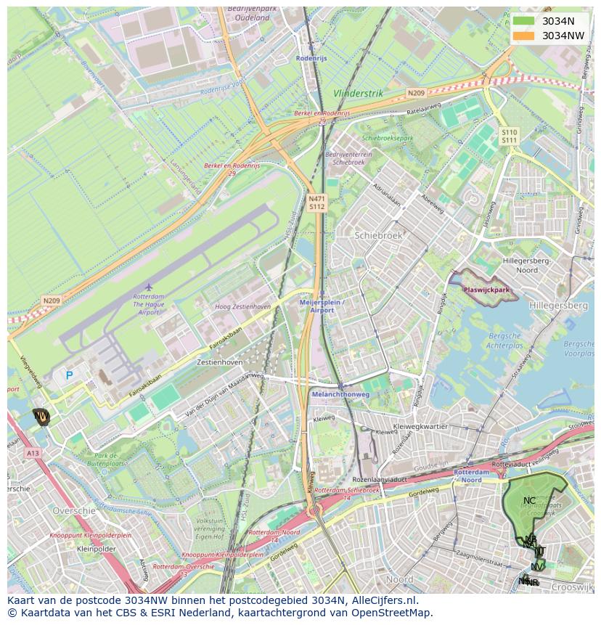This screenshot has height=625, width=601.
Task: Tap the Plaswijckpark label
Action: click(x=486, y=290)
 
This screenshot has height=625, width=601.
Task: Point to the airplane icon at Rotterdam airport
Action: click(x=149, y=287)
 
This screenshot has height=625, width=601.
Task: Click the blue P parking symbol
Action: click(x=70, y=375)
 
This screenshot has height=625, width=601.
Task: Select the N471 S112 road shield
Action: click(x=316, y=203)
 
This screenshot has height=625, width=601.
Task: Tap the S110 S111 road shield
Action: click(x=509, y=136)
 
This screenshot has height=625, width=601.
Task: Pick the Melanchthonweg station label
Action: click(x=340, y=394)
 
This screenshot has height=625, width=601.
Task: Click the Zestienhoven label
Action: click(x=220, y=361)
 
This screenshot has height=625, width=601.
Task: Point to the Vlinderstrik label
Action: click(x=358, y=94)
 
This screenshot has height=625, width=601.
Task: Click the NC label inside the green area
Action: click(x=529, y=500)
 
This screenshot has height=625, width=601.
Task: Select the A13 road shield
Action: click(x=33, y=453)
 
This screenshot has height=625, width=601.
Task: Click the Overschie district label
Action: click(x=73, y=511)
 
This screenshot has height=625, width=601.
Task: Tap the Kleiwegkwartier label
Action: click(x=420, y=427)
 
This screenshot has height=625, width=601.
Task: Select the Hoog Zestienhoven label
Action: click(x=242, y=307)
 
